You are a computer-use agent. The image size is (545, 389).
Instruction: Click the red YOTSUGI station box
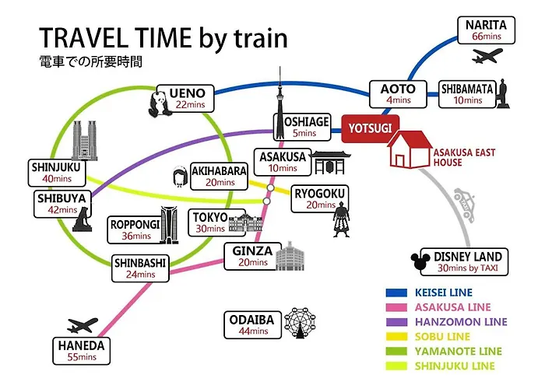(370, 128)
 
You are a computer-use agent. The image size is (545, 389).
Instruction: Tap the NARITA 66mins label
(487, 30)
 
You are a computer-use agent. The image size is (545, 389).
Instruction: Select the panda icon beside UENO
(159, 103)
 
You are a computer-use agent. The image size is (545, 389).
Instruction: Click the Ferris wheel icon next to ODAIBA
(300, 323)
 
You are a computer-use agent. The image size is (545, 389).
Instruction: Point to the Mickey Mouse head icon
(420, 261)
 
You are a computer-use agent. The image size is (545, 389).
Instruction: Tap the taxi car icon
(464, 205)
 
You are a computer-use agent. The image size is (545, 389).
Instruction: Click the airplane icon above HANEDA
(83, 325)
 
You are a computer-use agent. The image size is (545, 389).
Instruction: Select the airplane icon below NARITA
(487, 55)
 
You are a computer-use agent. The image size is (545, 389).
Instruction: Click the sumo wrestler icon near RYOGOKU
(341, 219)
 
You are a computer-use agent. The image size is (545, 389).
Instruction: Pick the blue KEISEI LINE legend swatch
(396, 293)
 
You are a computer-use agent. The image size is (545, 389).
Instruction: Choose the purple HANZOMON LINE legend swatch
(396, 322)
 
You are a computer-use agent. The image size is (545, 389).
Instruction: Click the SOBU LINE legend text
(442, 337)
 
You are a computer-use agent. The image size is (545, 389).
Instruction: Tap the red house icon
(410, 149)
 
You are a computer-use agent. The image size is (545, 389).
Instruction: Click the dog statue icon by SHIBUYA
(83, 219)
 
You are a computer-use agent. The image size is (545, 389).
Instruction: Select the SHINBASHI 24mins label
(140, 268)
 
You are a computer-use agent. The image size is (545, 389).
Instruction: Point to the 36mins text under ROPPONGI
(136, 237)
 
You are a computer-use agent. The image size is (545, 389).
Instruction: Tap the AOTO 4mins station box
(398, 94)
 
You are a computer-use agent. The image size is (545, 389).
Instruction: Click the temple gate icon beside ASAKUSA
(330, 162)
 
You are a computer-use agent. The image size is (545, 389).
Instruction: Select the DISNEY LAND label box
(464, 262)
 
